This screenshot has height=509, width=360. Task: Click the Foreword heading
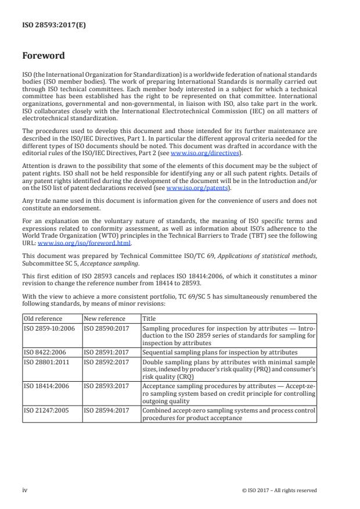(44, 56)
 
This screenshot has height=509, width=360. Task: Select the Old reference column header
(43, 319)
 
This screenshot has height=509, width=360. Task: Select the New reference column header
(105, 319)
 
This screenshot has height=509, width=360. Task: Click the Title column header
(149, 319)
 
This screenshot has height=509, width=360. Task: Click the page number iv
(26, 490)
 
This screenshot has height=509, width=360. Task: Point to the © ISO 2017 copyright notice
(279, 490)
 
